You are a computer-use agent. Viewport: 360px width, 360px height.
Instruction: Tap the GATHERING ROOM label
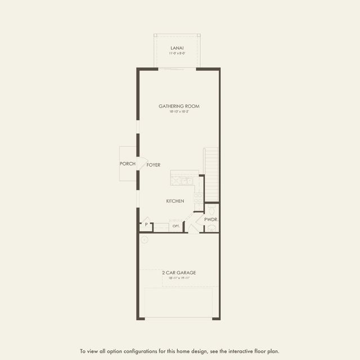[179, 106]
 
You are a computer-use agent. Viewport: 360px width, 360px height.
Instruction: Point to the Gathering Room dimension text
[179, 112]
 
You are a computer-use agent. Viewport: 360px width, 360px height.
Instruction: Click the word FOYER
[154, 165]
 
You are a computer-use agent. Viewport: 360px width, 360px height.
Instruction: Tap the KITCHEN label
[175, 201]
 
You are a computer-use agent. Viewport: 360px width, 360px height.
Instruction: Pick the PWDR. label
[211, 219]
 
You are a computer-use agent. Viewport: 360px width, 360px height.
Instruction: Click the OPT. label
[176, 226]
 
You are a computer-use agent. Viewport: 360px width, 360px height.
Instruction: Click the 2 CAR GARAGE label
[179, 273]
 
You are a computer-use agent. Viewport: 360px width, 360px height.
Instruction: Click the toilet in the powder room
[211, 209]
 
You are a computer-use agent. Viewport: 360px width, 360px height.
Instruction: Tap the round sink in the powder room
[211, 228]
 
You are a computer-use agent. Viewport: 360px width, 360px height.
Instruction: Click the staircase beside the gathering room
[211, 169]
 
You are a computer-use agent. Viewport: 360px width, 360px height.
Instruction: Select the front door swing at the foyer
[143, 163]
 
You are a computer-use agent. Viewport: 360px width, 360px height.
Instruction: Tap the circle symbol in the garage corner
[144, 239]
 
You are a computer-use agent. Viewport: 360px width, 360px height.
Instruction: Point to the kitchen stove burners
[198, 198]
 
